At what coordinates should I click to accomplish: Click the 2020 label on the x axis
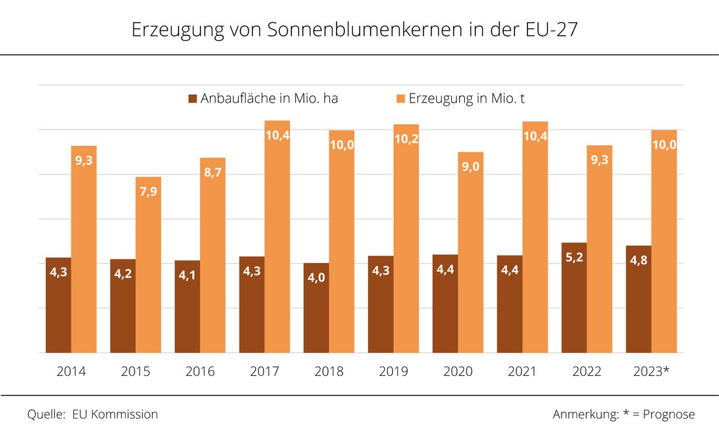point(458,372)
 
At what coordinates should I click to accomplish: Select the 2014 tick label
point(71,372)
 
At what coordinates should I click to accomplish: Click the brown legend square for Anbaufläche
point(193,99)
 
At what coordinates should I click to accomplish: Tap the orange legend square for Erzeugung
point(401,99)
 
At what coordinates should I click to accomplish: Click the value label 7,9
point(148,190)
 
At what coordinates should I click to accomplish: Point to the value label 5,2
point(574,257)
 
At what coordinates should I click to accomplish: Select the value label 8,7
point(213,171)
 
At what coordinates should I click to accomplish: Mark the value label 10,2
point(406,139)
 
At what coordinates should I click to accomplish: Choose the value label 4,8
point(638,260)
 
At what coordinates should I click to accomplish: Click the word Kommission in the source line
point(125,415)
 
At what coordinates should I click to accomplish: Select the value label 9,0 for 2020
point(471,166)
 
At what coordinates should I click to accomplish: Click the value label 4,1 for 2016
point(187,275)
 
